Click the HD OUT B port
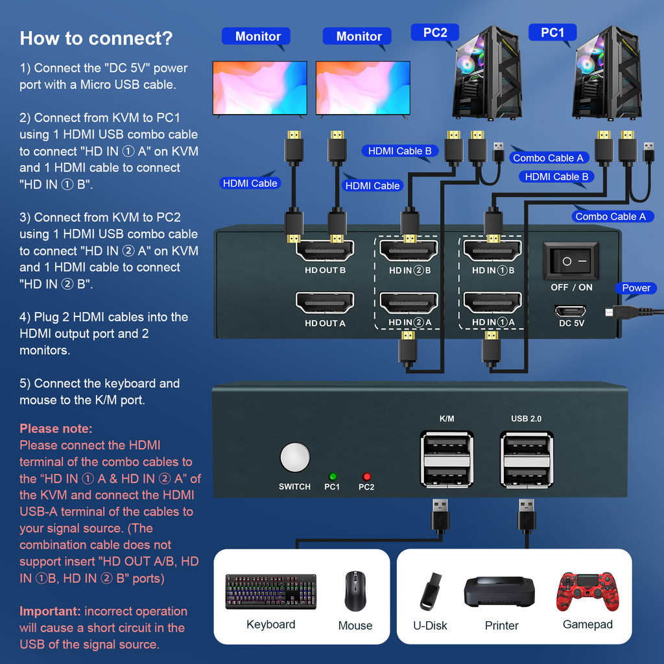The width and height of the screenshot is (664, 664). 325,251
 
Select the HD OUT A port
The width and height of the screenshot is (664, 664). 325,303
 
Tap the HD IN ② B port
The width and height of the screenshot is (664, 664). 409,251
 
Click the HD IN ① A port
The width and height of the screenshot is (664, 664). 492,303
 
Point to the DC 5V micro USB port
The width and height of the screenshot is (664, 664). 571,311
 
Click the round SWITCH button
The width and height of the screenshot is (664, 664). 295,458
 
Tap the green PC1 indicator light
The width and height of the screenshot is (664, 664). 333,476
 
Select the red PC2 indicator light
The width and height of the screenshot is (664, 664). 366,476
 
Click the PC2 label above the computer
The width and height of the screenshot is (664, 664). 435,33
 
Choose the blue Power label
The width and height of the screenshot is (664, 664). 635,288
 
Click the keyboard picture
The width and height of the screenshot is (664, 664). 271,591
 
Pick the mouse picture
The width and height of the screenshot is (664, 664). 355,591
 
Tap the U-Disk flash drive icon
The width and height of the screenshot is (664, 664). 430,591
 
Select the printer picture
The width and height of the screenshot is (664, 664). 499,591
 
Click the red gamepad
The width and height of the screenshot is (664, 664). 587,591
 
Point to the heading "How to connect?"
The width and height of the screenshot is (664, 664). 96,38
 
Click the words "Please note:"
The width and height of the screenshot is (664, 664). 56,429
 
